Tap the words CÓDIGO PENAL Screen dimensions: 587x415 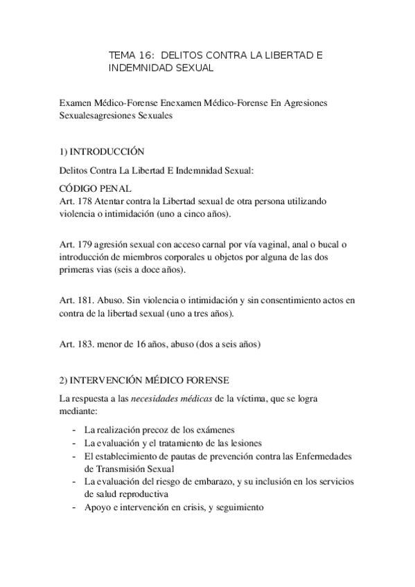[x=94, y=188]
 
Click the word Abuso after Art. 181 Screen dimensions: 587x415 [x=112, y=300]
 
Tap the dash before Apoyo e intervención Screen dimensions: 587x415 [x=74, y=507]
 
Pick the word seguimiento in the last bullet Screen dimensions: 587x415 [x=240, y=507]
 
